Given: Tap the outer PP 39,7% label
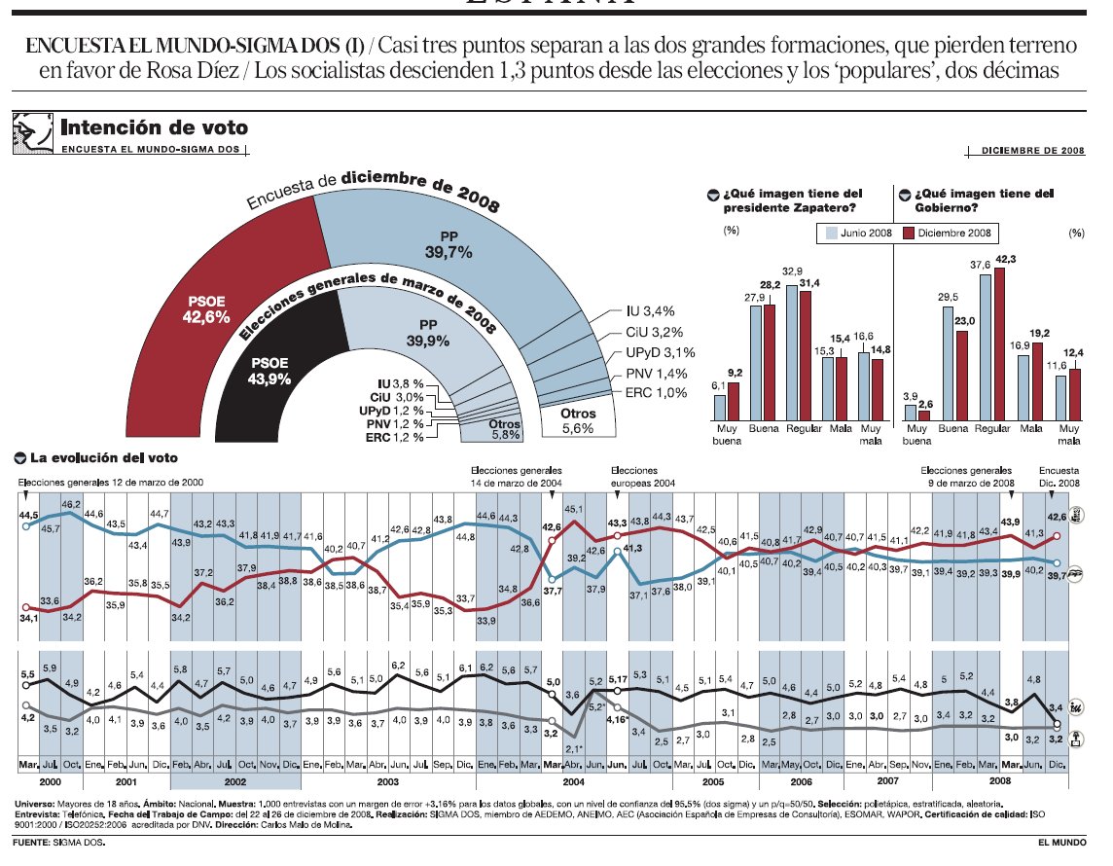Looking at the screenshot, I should coord(448,244).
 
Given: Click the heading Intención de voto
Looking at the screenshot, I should coord(154,127).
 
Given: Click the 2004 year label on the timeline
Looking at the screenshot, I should coord(574,781).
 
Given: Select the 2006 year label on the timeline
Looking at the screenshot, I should coord(801,781).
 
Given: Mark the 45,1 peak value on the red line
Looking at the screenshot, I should coord(574,508).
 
